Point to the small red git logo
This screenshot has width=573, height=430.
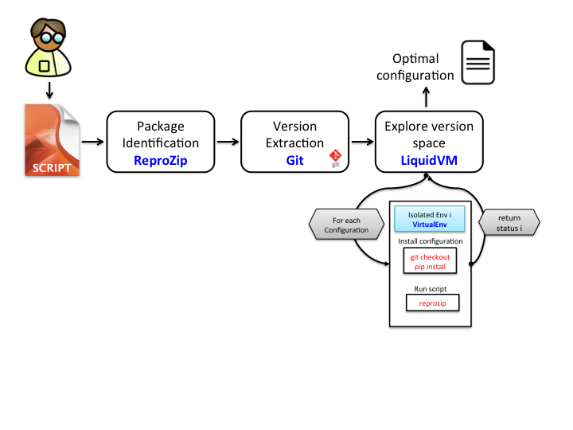point(336,157)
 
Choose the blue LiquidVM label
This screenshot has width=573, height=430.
point(429,160)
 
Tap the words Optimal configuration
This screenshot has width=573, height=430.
point(415,68)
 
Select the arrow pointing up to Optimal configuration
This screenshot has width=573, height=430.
point(426,97)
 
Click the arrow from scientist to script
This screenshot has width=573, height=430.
point(49,90)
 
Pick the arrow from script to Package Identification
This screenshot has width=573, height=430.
point(92,142)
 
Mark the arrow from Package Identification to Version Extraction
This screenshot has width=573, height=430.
point(227,142)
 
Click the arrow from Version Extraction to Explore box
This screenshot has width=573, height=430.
point(362,142)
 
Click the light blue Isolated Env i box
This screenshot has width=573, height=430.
point(430,219)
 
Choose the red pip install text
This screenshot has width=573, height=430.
point(430,267)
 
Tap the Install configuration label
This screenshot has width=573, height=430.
point(430,240)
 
